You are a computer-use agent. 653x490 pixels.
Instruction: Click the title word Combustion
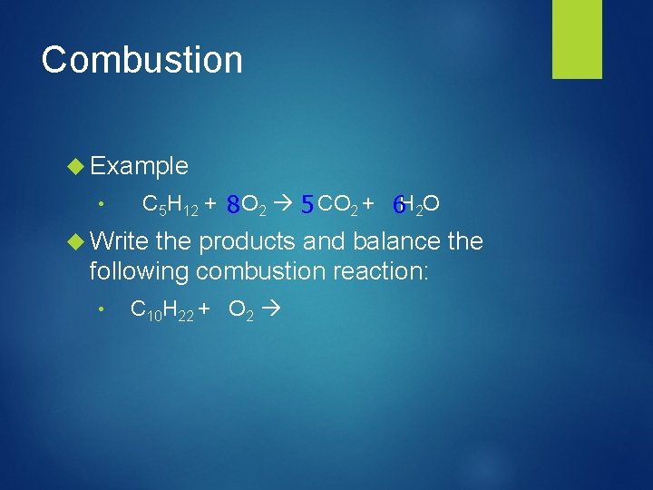pyautogui.click(x=142, y=60)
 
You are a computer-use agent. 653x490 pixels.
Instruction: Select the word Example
pyautogui.click(x=139, y=166)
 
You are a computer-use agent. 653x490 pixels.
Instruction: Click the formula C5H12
pyautogui.click(x=171, y=206)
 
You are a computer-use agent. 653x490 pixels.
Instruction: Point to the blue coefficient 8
pyautogui.click(x=233, y=206)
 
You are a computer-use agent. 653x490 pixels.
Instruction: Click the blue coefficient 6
pyautogui.click(x=396, y=207)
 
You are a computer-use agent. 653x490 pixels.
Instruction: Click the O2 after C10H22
pyautogui.click(x=240, y=311)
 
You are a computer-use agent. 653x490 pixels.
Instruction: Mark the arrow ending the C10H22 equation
pyautogui.click(x=270, y=310)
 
